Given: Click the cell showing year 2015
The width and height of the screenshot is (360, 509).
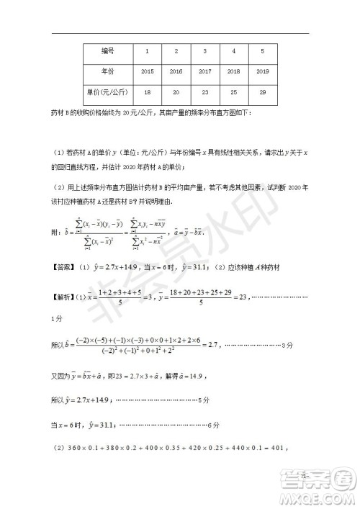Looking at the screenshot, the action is [x=148, y=72].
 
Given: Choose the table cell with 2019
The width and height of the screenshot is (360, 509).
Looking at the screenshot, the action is [x=262, y=72].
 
